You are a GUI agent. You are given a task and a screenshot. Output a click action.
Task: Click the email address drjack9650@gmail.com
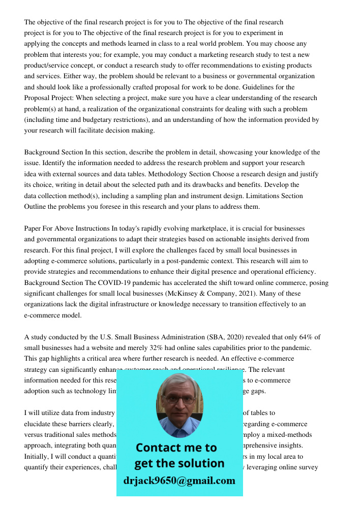[179, 481]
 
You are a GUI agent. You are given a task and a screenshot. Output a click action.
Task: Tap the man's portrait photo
[179, 405]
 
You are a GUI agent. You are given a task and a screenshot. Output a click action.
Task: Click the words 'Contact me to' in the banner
[176, 448]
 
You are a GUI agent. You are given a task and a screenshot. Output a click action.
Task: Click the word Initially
[37, 456]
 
